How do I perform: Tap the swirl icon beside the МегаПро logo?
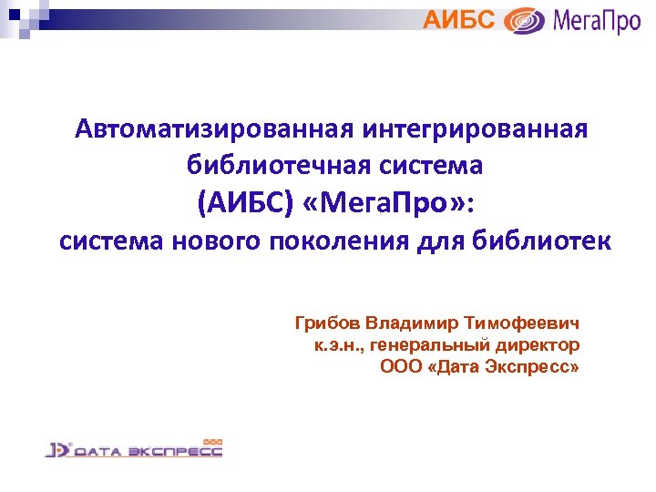click(x=525, y=20)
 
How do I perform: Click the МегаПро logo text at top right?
click(x=597, y=20)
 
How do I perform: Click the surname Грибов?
click(x=327, y=323)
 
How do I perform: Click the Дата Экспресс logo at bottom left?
click(x=134, y=448)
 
